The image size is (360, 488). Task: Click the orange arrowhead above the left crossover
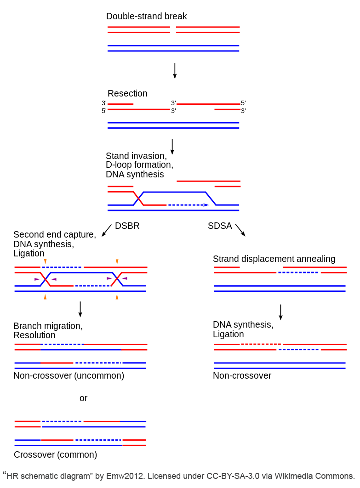pyautogui.click(x=45, y=261)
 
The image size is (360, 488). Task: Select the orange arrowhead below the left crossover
pyautogui.click(x=45, y=297)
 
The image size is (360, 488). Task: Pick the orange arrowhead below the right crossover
pyautogui.click(x=117, y=297)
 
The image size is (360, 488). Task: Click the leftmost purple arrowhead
pyautogui.click(x=37, y=279)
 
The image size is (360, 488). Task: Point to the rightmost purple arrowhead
pyautogui.click(x=125, y=278)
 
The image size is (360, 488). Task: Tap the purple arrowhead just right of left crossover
pyautogui.click(x=54, y=279)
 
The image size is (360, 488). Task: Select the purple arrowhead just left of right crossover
pyautogui.click(x=109, y=278)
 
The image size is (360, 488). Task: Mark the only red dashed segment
pyautogui.click(x=261, y=344)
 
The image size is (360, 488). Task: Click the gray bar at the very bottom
pyautogui.click(x=180, y=476)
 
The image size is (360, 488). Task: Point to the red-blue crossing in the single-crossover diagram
pyautogui.click(x=138, y=198)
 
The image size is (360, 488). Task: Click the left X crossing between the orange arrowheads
pyautogui.click(x=45, y=279)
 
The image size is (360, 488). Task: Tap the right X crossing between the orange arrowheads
pyautogui.click(x=117, y=279)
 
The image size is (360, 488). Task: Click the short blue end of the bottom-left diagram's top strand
pyautogui.click(x=134, y=421)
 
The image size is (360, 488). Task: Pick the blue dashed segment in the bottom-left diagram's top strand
pyautogui.click(x=62, y=421)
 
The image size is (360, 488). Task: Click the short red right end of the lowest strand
pyautogui.click(x=134, y=445)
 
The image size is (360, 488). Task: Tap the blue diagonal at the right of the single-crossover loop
pyautogui.click(x=211, y=198)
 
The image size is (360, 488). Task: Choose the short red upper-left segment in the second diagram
pyautogui.click(x=120, y=104)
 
